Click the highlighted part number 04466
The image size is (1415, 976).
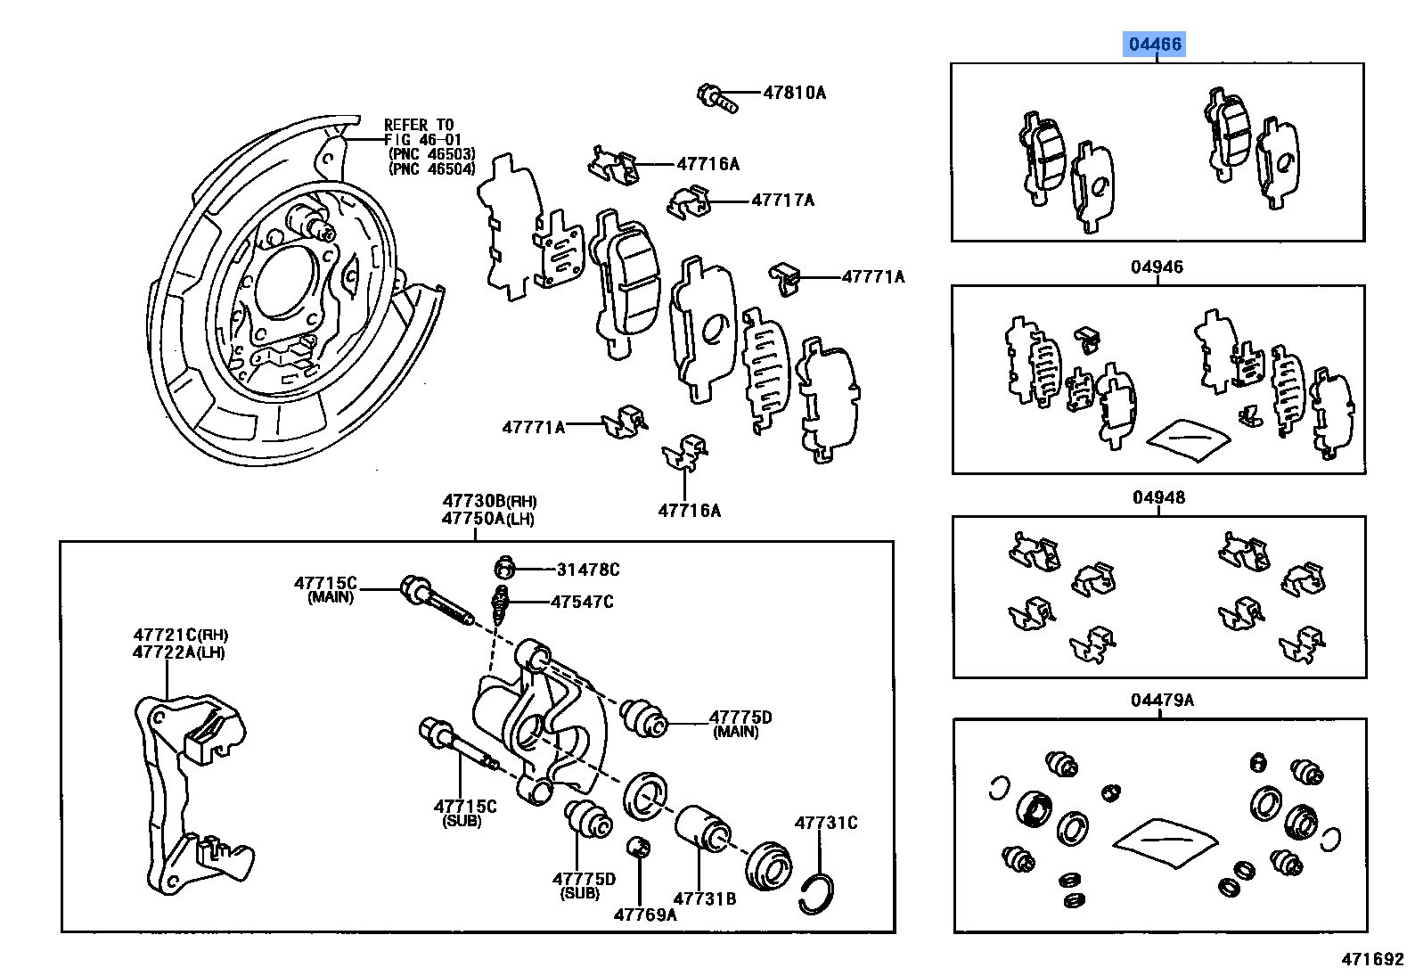[1155, 44]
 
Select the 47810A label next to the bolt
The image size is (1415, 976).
[794, 93]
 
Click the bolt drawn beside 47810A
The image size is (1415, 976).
[717, 97]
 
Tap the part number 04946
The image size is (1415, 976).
[1157, 267]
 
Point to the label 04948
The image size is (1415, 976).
[1158, 497]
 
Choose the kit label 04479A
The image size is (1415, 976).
[1162, 700]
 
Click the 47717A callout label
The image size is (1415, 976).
[782, 201]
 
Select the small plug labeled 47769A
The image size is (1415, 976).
[637, 846]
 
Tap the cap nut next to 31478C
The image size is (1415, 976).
[505, 568]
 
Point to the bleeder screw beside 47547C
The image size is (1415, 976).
[503, 603]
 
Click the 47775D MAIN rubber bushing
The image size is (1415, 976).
[643, 718]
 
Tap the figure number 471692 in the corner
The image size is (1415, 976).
[1372, 959]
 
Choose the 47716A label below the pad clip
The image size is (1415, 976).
[689, 511]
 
